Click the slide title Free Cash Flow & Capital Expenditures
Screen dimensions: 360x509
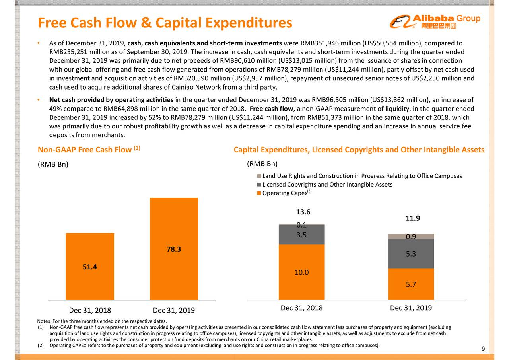[165, 23]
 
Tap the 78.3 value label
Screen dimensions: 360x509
[174, 249]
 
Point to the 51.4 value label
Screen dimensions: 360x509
[90, 267]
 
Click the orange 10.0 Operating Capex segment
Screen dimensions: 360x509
[302, 272]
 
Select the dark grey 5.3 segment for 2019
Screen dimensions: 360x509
[411, 253]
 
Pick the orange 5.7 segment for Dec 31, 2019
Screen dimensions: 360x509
[411, 284]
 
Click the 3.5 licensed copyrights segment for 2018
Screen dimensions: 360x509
[302, 235]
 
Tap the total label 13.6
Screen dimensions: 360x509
[303, 212]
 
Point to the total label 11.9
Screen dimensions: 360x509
[413, 218]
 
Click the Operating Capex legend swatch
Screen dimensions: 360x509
[259, 193]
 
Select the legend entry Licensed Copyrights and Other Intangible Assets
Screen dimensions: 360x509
[327, 185]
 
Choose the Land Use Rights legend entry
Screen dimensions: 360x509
[361, 176]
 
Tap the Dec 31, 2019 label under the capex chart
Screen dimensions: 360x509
[411, 308]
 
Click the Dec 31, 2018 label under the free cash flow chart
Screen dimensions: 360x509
[90, 311]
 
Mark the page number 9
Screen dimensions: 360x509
[483, 349]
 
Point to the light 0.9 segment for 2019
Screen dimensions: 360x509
[411, 236]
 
